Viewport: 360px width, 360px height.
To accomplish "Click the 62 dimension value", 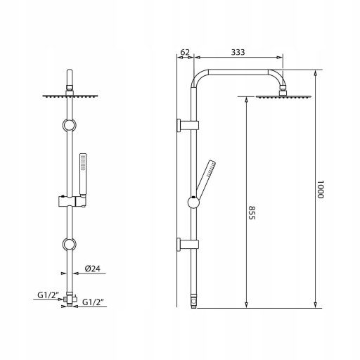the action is click(x=185, y=52).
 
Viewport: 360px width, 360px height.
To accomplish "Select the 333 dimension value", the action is click(x=238, y=52).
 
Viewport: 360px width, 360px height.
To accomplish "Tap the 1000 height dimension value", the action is click(x=320, y=189).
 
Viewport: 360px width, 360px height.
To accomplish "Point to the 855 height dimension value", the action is click(x=252, y=212).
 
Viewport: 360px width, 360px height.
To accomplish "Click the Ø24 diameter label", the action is click(x=93, y=269).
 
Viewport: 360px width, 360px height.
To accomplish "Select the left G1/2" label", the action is click(x=47, y=295).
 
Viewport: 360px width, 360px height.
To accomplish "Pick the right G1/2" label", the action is click(x=93, y=302).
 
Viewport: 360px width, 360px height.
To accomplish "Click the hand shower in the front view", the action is click(x=83, y=174).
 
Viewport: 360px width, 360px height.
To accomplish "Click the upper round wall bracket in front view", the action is click(x=69, y=125).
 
